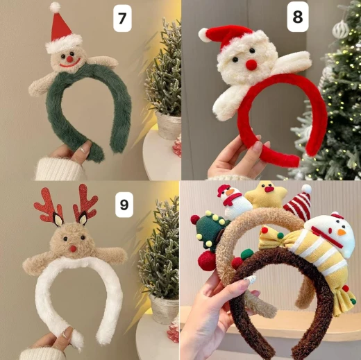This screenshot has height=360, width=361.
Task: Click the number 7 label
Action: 122,18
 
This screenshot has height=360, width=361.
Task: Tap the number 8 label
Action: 298,17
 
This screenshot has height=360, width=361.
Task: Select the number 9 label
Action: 124,205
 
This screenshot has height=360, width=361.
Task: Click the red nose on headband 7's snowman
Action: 70,60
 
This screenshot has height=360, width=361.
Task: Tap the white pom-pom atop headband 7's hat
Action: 55,7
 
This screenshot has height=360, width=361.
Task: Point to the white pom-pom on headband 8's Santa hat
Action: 203,35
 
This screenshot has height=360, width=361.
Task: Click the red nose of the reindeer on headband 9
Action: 74,248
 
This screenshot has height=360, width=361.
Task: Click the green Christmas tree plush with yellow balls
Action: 210,231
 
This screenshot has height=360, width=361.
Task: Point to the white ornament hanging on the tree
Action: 340,29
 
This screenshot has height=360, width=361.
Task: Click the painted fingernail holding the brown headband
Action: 249,280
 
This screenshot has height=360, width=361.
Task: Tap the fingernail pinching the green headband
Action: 83,149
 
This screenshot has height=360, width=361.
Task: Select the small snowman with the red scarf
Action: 231,202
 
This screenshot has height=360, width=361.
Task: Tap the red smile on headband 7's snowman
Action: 70,64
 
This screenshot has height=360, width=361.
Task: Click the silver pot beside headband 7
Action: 169,125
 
